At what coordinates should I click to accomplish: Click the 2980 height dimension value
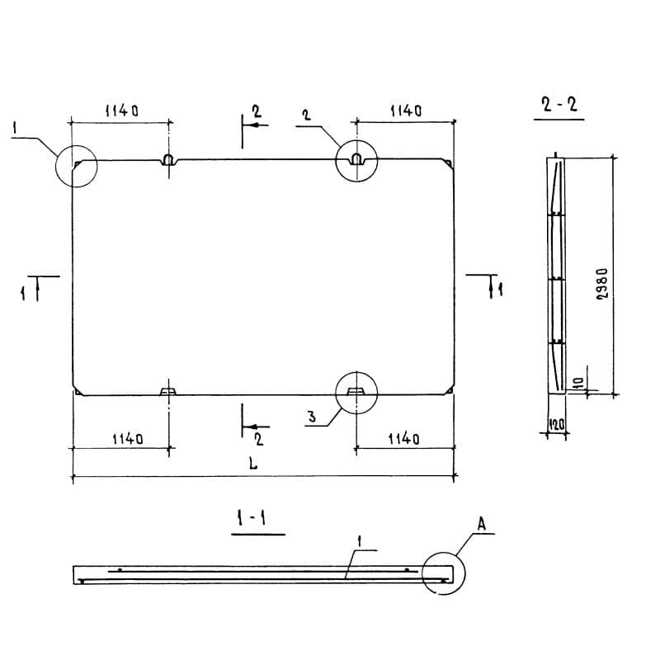click(x=603, y=284)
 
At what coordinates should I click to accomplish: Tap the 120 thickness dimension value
click(x=556, y=424)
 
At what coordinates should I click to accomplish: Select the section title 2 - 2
click(x=559, y=104)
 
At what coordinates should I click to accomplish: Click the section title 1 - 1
click(x=252, y=518)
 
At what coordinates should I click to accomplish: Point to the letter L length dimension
click(x=252, y=464)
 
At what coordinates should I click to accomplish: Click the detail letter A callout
click(x=482, y=524)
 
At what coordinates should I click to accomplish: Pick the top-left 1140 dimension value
click(x=121, y=111)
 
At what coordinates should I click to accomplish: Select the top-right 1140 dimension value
click(x=406, y=111)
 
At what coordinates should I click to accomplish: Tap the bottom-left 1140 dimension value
click(x=128, y=439)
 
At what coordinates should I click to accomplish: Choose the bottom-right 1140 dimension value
click(x=403, y=439)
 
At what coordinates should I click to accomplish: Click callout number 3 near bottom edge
click(x=312, y=417)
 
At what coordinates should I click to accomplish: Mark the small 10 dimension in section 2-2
click(x=578, y=383)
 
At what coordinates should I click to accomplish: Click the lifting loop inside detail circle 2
click(x=356, y=159)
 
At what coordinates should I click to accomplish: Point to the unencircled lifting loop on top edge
click(x=168, y=159)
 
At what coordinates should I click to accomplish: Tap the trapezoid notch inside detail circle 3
click(x=356, y=391)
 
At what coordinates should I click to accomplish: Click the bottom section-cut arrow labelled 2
click(x=257, y=427)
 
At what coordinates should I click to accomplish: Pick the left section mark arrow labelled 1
click(x=37, y=289)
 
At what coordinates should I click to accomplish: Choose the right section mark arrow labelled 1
click(x=491, y=286)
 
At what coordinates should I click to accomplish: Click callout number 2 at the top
click(x=307, y=115)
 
